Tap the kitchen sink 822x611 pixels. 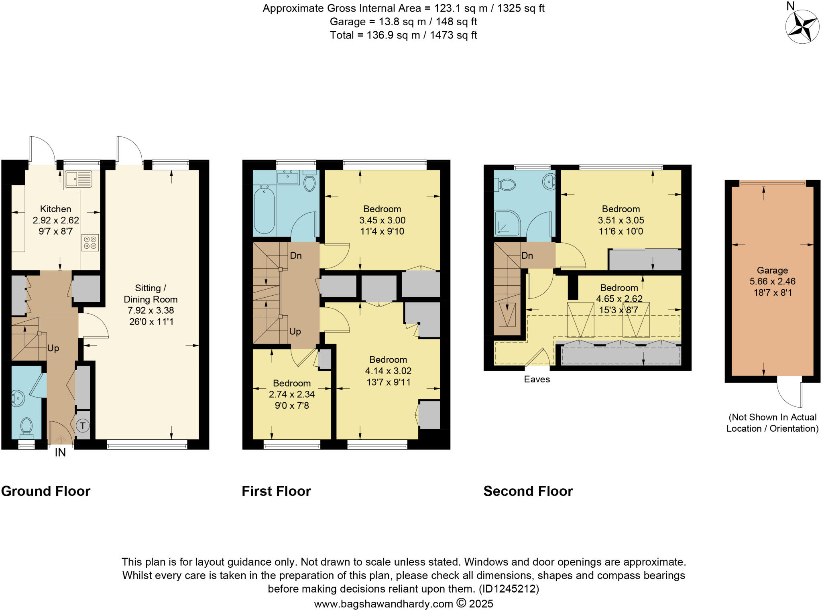pos(78,179)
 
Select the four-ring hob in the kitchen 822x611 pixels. pos(90,243)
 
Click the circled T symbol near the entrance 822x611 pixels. pos(83,426)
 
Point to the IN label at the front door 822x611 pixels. pos(60,453)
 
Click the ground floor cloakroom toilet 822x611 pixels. pos(26,426)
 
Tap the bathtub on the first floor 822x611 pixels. pos(264,209)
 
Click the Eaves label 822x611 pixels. pos(537,380)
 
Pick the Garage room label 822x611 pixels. pos(772,270)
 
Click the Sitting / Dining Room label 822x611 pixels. pos(151,294)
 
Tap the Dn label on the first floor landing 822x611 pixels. pos(296,256)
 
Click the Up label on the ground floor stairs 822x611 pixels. pos(53,348)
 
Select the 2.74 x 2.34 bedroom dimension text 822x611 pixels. pos(292,394)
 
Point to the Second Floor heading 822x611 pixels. pos(528,491)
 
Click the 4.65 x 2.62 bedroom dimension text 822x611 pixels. pos(619,299)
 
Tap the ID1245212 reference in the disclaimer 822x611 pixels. pos(509,589)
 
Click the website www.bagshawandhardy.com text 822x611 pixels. pos(383,604)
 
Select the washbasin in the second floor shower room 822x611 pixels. pos(549,182)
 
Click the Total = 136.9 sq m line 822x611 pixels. pos(403,35)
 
